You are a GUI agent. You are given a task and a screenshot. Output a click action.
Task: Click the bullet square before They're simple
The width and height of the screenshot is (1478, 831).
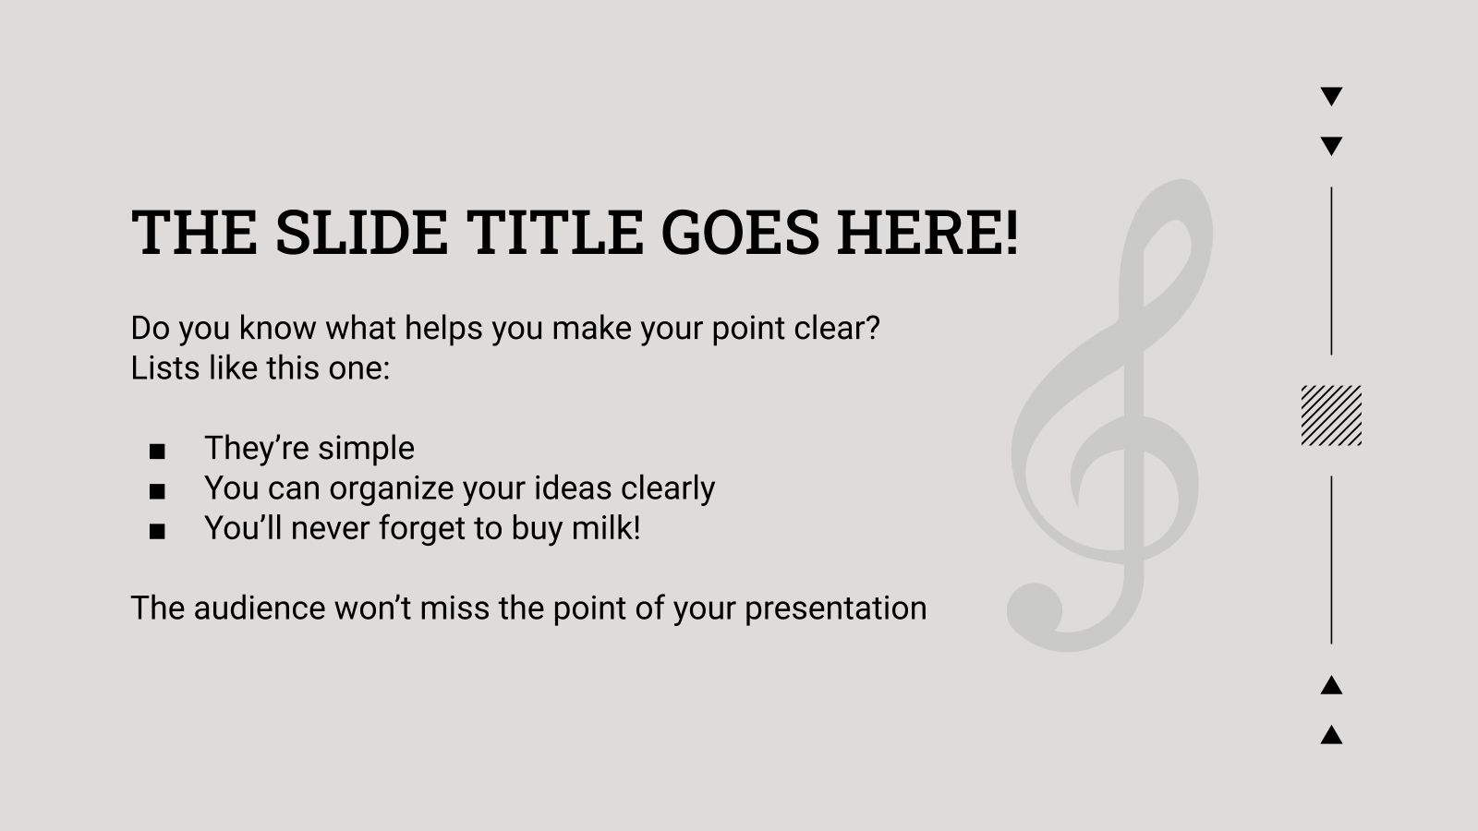[x=157, y=452]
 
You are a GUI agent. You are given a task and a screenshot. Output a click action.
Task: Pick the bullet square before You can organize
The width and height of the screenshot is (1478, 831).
[x=157, y=491]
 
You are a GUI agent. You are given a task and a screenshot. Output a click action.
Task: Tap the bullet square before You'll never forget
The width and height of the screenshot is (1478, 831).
[x=157, y=531]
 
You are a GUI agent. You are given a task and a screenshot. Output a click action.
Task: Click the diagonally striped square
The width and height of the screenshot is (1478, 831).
[x=1331, y=415]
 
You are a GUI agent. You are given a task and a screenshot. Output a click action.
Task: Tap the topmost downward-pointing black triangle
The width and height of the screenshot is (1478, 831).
[x=1331, y=95]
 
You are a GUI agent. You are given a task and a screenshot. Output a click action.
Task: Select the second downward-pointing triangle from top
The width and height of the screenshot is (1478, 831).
[x=1331, y=145]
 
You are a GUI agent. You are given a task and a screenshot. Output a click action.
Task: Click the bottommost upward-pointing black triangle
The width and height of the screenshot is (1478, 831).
[x=1331, y=736]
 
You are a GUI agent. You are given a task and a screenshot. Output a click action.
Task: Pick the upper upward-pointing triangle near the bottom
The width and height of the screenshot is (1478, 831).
[x=1331, y=686]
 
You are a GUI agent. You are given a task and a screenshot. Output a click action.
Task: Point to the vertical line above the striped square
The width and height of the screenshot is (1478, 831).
[x=1331, y=271]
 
